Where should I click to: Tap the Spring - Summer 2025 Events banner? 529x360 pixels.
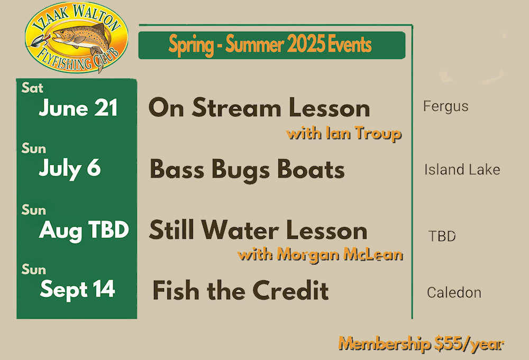271,45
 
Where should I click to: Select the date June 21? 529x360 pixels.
78,108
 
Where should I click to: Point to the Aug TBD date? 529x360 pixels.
84,231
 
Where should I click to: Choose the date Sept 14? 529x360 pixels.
78,290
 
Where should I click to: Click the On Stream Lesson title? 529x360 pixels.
259,108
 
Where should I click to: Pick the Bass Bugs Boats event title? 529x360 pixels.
247,170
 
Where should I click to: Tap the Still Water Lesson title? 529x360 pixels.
258,230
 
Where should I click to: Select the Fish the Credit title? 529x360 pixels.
241,290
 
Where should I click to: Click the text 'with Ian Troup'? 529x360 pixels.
344,134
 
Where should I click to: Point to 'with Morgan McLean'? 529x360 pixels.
320,255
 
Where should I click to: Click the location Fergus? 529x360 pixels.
445,107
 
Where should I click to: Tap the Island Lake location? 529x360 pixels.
462,170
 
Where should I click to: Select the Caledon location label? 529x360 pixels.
454,292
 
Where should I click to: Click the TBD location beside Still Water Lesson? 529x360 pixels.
442,236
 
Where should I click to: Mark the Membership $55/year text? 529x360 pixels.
421,344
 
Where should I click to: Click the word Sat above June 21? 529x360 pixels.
32,88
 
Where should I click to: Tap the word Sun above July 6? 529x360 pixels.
34,149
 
